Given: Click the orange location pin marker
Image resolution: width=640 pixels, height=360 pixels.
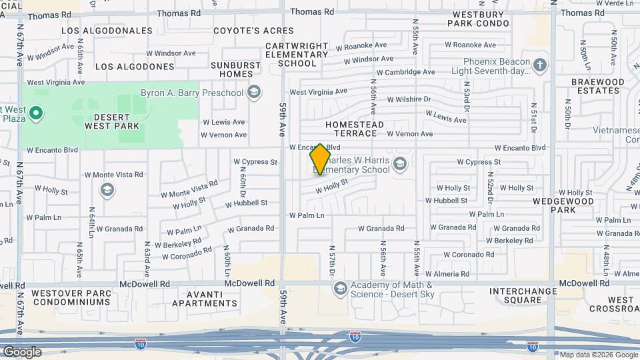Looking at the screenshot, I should (320, 159).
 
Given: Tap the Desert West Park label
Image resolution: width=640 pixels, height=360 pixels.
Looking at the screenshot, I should (112, 121).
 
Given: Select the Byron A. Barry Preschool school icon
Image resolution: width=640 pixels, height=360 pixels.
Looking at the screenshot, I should (253, 92).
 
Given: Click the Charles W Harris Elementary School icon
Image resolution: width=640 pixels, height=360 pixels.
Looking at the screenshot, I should (400, 163).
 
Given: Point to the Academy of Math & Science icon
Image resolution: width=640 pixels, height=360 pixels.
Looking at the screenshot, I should (341, 288).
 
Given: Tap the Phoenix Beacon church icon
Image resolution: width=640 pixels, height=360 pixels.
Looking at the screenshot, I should (540, 65).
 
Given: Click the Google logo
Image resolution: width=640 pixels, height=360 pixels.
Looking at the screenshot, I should (22, 352).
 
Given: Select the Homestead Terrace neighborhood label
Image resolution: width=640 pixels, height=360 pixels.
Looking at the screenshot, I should (355, 129).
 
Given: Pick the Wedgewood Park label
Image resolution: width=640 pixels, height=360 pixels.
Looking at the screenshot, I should (554, 205).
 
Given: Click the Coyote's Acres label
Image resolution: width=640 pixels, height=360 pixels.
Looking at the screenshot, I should (253, 31).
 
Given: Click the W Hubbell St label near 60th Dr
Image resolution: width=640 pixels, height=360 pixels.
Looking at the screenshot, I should (246, 203).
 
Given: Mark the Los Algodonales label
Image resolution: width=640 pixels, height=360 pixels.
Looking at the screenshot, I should (107, 31).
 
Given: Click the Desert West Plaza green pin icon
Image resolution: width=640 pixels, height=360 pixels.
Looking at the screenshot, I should (38, 114).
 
